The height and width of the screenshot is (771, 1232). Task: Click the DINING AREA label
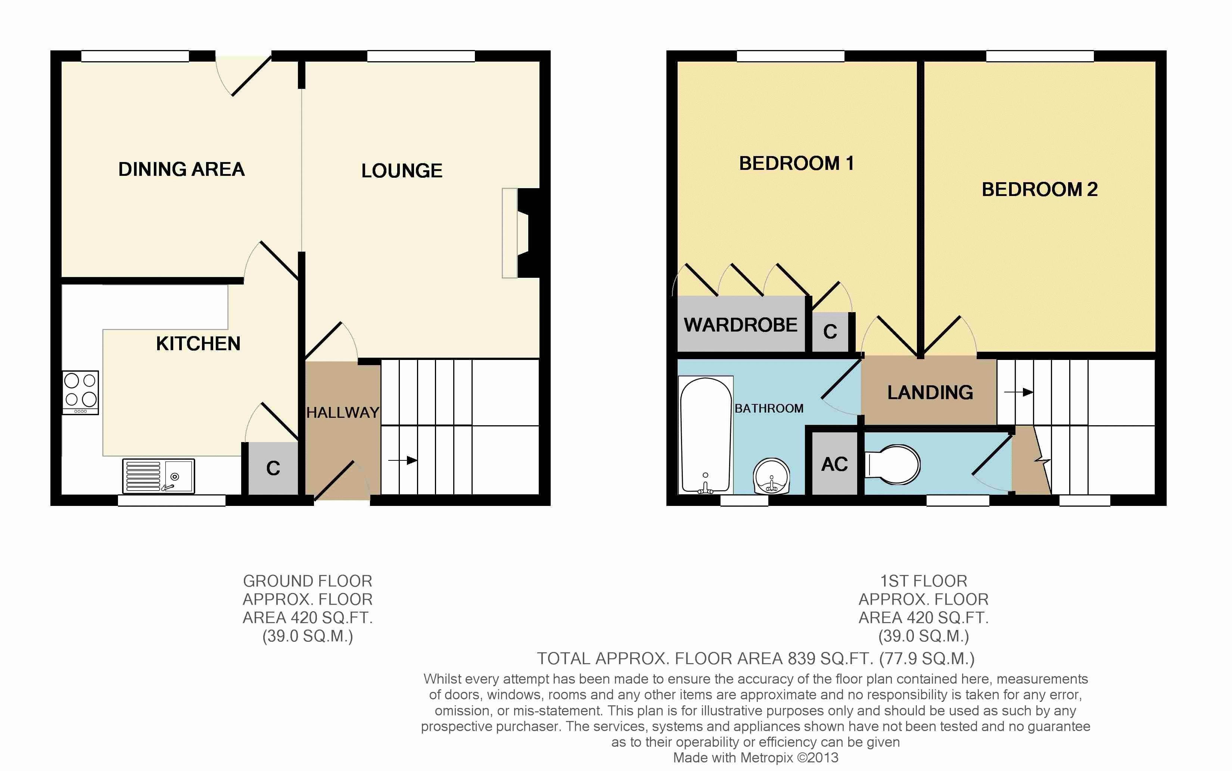coord(181,169)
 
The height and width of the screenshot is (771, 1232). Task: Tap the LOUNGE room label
coord(402,171)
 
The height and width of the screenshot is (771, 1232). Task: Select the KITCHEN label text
coord(198,344)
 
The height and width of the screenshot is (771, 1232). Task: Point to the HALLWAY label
coord(343,413)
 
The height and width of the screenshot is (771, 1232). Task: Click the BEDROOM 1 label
coord(796,164)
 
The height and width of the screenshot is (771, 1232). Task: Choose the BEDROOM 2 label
coord(1039,190)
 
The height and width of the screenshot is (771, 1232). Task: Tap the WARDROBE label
coord(741,325)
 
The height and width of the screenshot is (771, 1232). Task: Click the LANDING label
coord(930,393)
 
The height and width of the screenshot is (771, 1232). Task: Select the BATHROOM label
coord(769,408)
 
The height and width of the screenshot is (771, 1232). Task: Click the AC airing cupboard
coord(834,463)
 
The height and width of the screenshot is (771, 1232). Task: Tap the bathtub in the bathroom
coord(706,435)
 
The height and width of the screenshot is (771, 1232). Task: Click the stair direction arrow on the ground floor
coord(403,460)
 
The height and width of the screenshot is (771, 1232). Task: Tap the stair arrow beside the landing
coord(1018,392)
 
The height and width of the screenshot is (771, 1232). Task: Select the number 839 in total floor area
coord(802,659)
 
